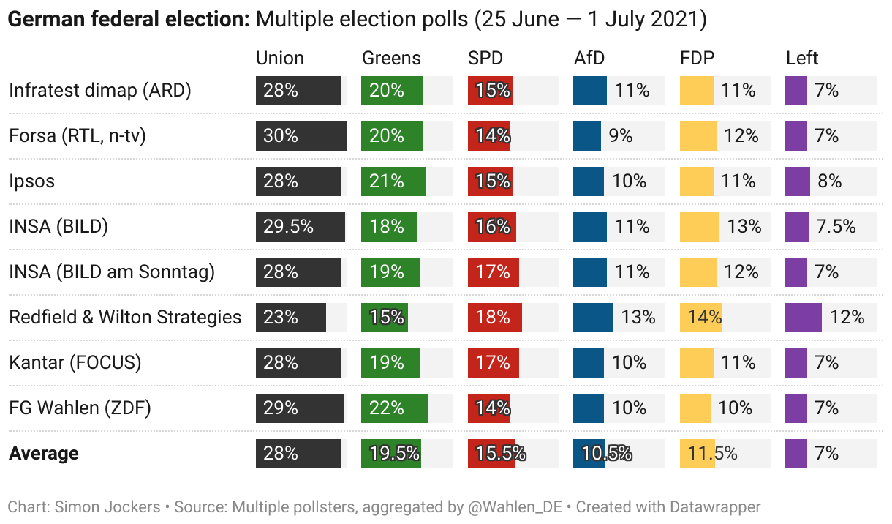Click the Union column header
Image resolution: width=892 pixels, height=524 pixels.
tap(279, 59)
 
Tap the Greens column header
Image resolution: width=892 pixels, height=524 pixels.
tap(391, 59)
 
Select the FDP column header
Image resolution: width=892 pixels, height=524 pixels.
tap(697, 59)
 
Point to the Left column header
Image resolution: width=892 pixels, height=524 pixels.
tap(802, 59)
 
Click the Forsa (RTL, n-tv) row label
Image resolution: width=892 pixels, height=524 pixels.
tap(78, 136)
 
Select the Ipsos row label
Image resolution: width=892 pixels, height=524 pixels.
tap(31, 181)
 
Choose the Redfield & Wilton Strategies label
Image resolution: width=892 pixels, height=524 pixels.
tap(125, 318)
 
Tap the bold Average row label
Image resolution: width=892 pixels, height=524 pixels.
tap(44, 454)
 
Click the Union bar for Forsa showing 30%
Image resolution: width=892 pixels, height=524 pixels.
tap(301, 136)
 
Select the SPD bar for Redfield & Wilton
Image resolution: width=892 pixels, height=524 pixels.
tap(494, 318)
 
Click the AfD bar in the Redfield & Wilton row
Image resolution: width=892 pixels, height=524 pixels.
tap(593, 318)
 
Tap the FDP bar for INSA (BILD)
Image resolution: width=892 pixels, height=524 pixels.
tap(700, 227)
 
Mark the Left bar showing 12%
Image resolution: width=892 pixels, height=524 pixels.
tap(804, 318)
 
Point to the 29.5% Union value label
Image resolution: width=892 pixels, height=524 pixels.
tap(288, 227)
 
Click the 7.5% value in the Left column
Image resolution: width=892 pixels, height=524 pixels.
tap(836, 227)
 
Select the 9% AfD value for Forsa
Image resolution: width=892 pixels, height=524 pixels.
tap(621, 136)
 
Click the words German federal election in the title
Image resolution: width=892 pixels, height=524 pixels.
tap(129, 20)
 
